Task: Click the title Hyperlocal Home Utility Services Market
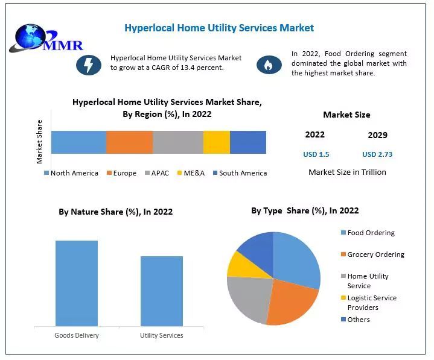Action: [219, 28]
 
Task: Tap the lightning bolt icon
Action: [89, 64]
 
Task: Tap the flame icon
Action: [269, 64]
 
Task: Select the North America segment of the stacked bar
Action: [78, 142]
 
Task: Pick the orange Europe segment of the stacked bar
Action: [129, 142]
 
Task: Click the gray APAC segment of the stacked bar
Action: [178, 142]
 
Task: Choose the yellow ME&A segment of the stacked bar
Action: [216, 142]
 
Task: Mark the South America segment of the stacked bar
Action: [248, 142]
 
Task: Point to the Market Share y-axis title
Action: [40, 142]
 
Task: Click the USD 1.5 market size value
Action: [316, 154]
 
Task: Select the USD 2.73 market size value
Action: [377, 154]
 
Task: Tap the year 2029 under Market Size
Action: [377, 135]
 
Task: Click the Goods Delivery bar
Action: [77, 283]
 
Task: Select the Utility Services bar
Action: [162, 291]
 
